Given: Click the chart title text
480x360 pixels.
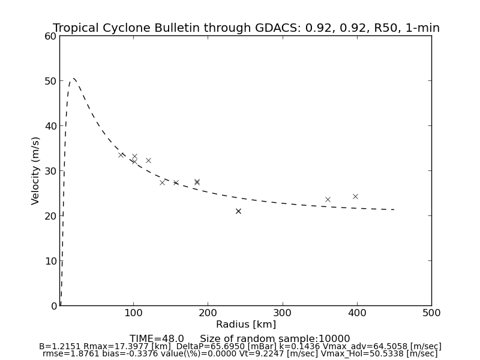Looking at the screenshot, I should (246, 28).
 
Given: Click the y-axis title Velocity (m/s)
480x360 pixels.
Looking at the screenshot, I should (36, 170).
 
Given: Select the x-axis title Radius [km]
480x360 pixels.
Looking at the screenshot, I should (246, 325).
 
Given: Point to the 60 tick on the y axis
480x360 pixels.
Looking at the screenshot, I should (50, 36).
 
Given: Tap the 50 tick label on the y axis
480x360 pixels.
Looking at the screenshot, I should (50, 81).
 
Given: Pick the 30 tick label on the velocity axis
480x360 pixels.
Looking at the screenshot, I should (50, 171).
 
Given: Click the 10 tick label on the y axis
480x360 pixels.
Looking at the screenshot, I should (50, 261).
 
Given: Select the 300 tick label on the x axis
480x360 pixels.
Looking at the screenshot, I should (283, 313).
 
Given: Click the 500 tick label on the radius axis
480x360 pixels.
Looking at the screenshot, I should (431, 313).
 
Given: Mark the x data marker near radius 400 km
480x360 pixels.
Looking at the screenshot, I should (355, 196).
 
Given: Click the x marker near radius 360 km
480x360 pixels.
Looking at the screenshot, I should (328, 199).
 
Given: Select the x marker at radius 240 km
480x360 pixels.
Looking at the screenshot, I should (238, 211).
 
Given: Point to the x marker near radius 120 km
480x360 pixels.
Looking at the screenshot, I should (148, 160).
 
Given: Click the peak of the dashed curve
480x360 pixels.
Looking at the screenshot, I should (73, 79).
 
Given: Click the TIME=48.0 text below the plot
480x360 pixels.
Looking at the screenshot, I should (157, 339).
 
